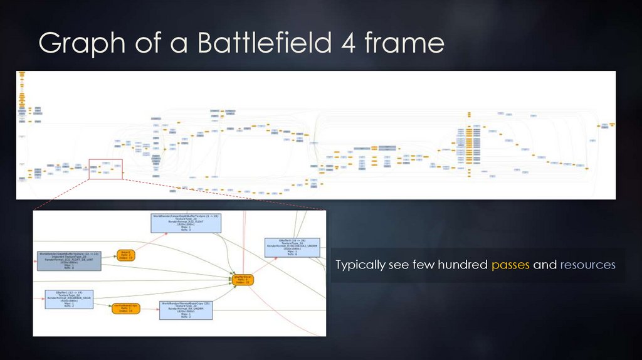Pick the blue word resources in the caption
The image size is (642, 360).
point(588,265)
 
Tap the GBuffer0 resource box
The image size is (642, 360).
point(292,247)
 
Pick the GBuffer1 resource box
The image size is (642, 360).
point(69,299)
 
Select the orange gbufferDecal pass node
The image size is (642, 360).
point(243,279)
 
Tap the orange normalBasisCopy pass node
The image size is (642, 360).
point(125,308)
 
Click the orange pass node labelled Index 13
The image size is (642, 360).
point(126,255)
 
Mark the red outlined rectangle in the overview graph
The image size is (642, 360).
point(105,169)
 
